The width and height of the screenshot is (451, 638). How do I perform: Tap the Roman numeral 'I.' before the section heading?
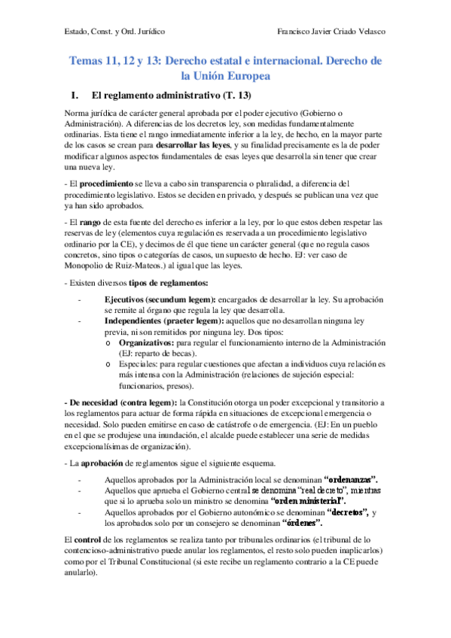(74, 96)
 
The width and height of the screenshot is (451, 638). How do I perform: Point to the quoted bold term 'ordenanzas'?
(352, 479)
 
